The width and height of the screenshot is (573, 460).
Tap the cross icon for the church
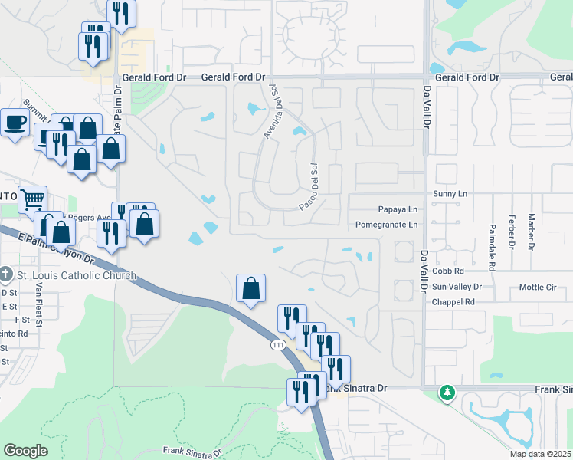6,274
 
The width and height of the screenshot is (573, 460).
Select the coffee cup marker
15,123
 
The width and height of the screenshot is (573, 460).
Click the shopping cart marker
31,199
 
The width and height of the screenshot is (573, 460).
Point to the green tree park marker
447,393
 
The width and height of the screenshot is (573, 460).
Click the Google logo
26,451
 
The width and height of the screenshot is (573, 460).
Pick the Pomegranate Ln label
387,225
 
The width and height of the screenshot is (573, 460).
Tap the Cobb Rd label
448,271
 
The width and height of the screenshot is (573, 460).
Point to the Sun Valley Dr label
457,287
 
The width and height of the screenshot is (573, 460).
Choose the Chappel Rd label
453,302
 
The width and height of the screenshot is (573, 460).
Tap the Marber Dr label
530,234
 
